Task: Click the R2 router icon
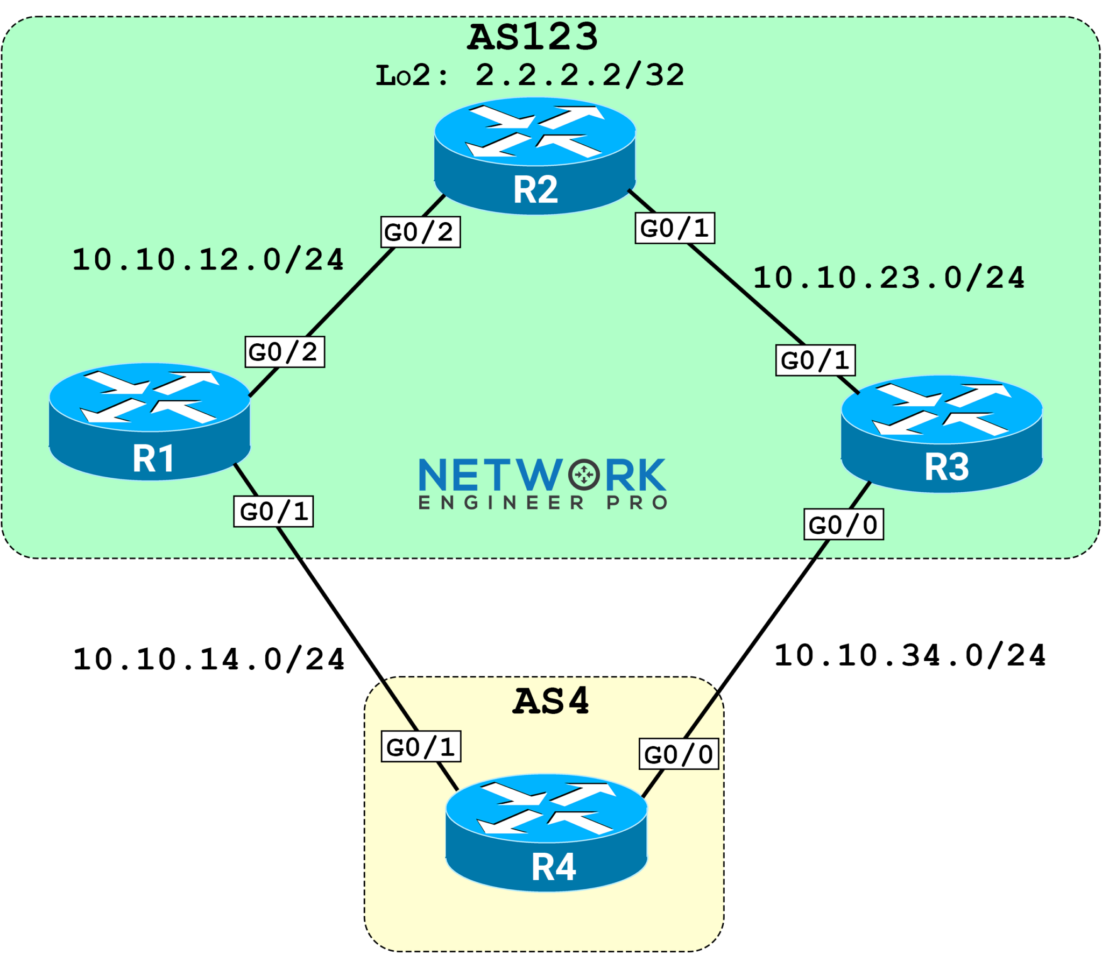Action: tap(535, 155)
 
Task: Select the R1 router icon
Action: tap(150, 421)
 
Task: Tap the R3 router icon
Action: tap(942, 434)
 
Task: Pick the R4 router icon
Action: tap(546, 832)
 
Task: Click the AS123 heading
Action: tap(532, 37)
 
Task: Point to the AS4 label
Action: tap(550, 701)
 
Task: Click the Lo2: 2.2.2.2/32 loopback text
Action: tap(530, 75)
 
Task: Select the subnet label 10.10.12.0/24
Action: tap(208, 259)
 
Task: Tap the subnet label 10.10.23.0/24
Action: tap(889, 278)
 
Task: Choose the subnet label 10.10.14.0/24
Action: tap(209, 659)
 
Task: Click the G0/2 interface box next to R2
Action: tap(420, 232)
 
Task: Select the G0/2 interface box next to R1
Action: tap(285, 352)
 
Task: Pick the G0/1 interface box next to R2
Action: tap(675, 228)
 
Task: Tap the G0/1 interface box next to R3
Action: tap(815, 360)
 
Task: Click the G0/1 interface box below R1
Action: tap(273, 511)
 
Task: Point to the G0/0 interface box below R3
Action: tap(844, 525)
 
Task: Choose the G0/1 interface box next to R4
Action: tap(421, 746)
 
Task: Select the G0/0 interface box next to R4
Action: tap(679, 754)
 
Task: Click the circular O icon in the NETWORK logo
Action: tap(584, 475)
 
